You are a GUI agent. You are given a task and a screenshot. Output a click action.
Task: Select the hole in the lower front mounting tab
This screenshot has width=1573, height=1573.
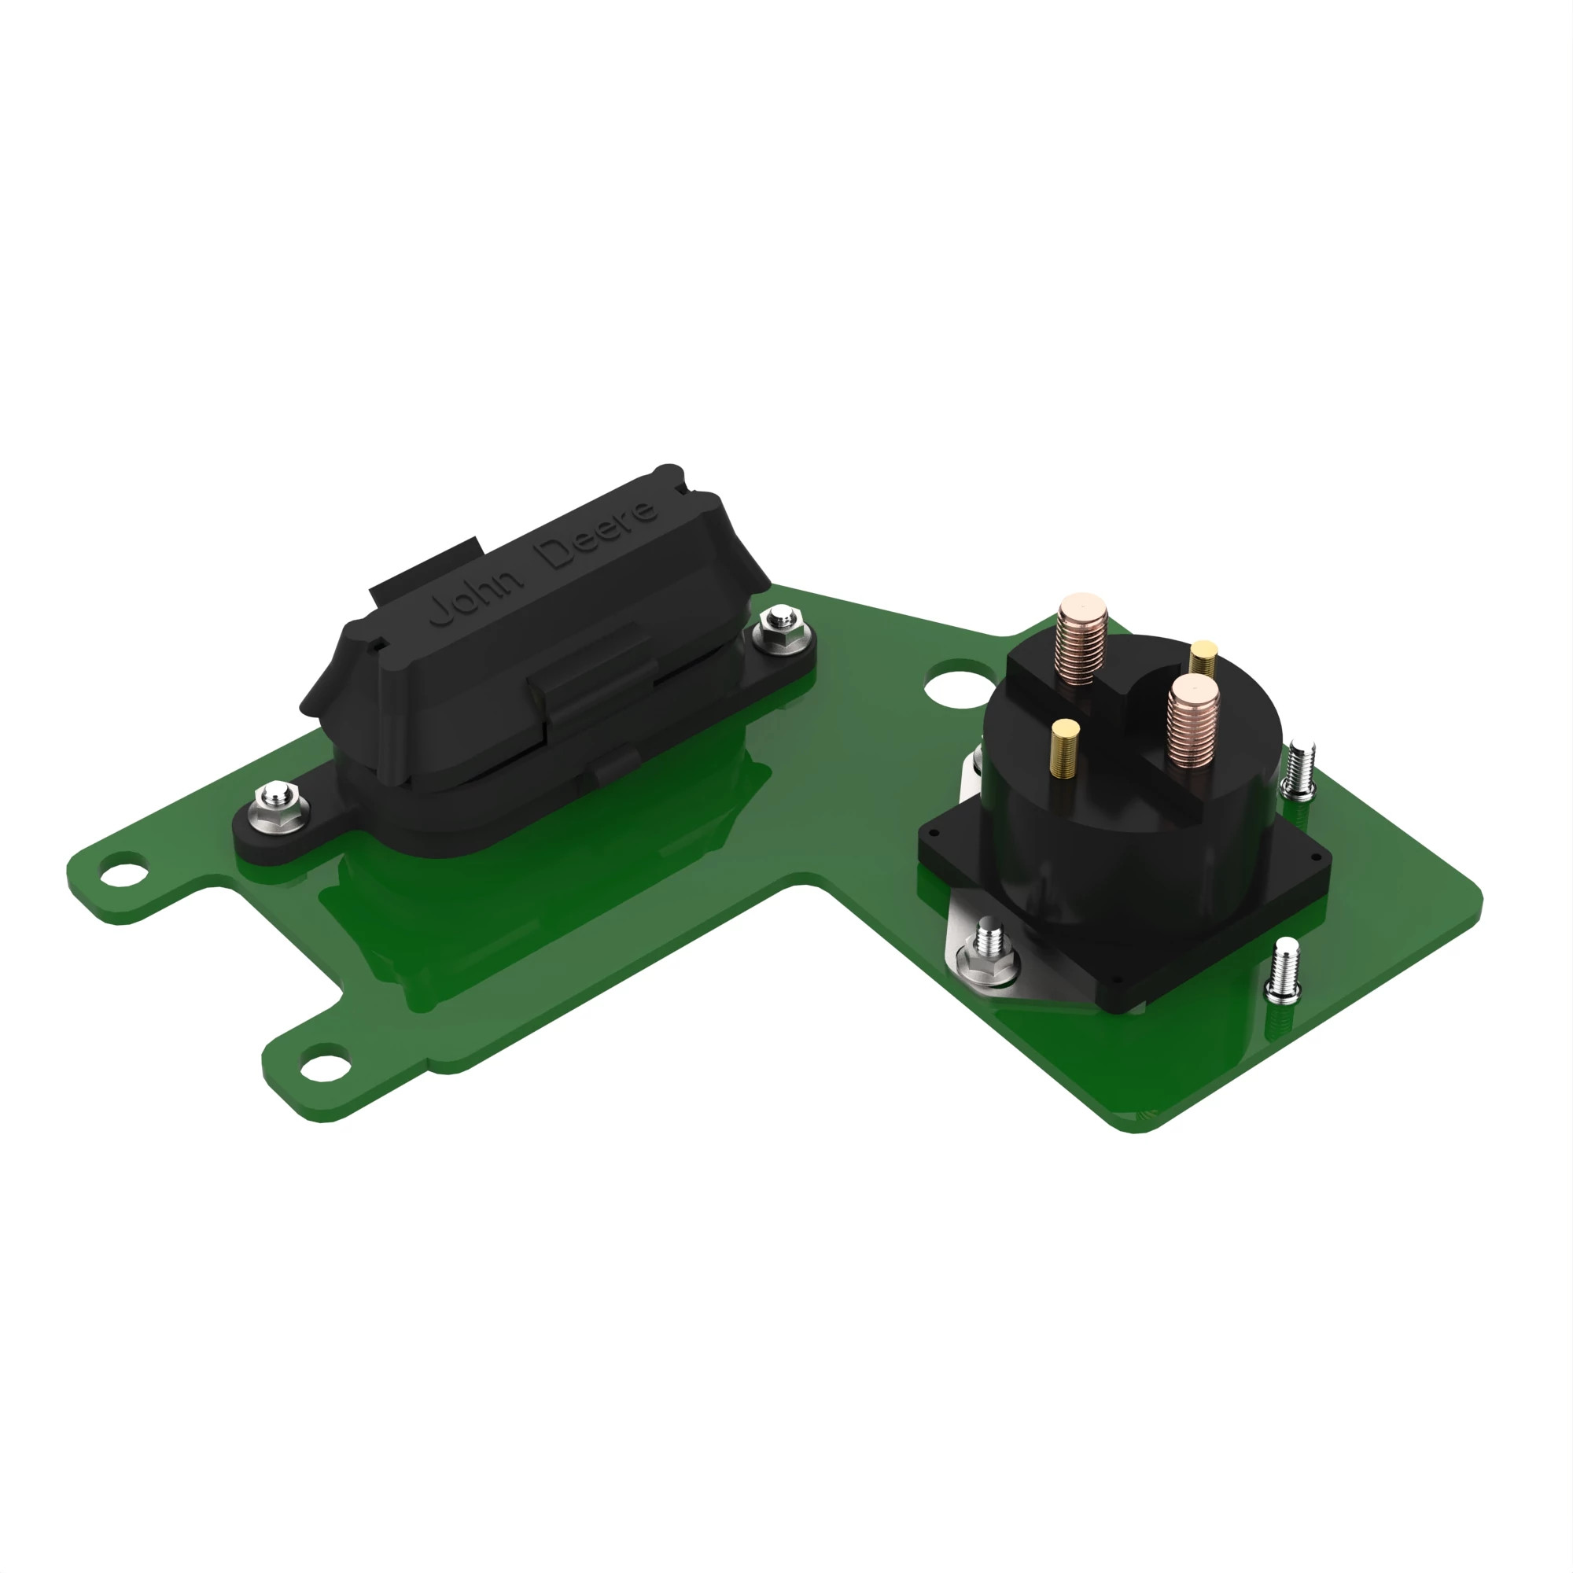coord(324,1063)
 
